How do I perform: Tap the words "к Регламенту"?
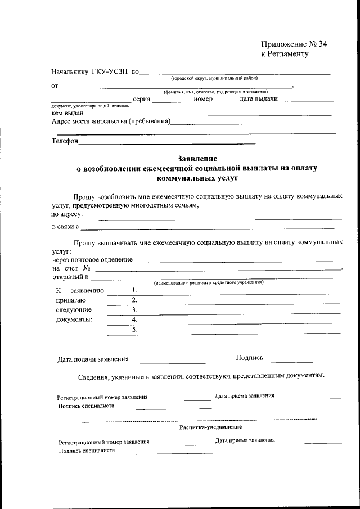(x=285, y=55)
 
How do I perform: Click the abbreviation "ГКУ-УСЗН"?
(x=110, y=73)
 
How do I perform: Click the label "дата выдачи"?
(x=258, y=99)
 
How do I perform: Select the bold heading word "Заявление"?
(x=197, y=159)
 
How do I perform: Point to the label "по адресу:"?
(x=67, y=214)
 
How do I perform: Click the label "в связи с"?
(x=65, y=227)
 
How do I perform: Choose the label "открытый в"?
(x=70, y=277)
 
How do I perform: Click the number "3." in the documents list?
(x=134, y=309)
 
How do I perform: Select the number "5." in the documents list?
(x=134, y=330)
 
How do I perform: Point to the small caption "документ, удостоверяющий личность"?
(x=90, y=105)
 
